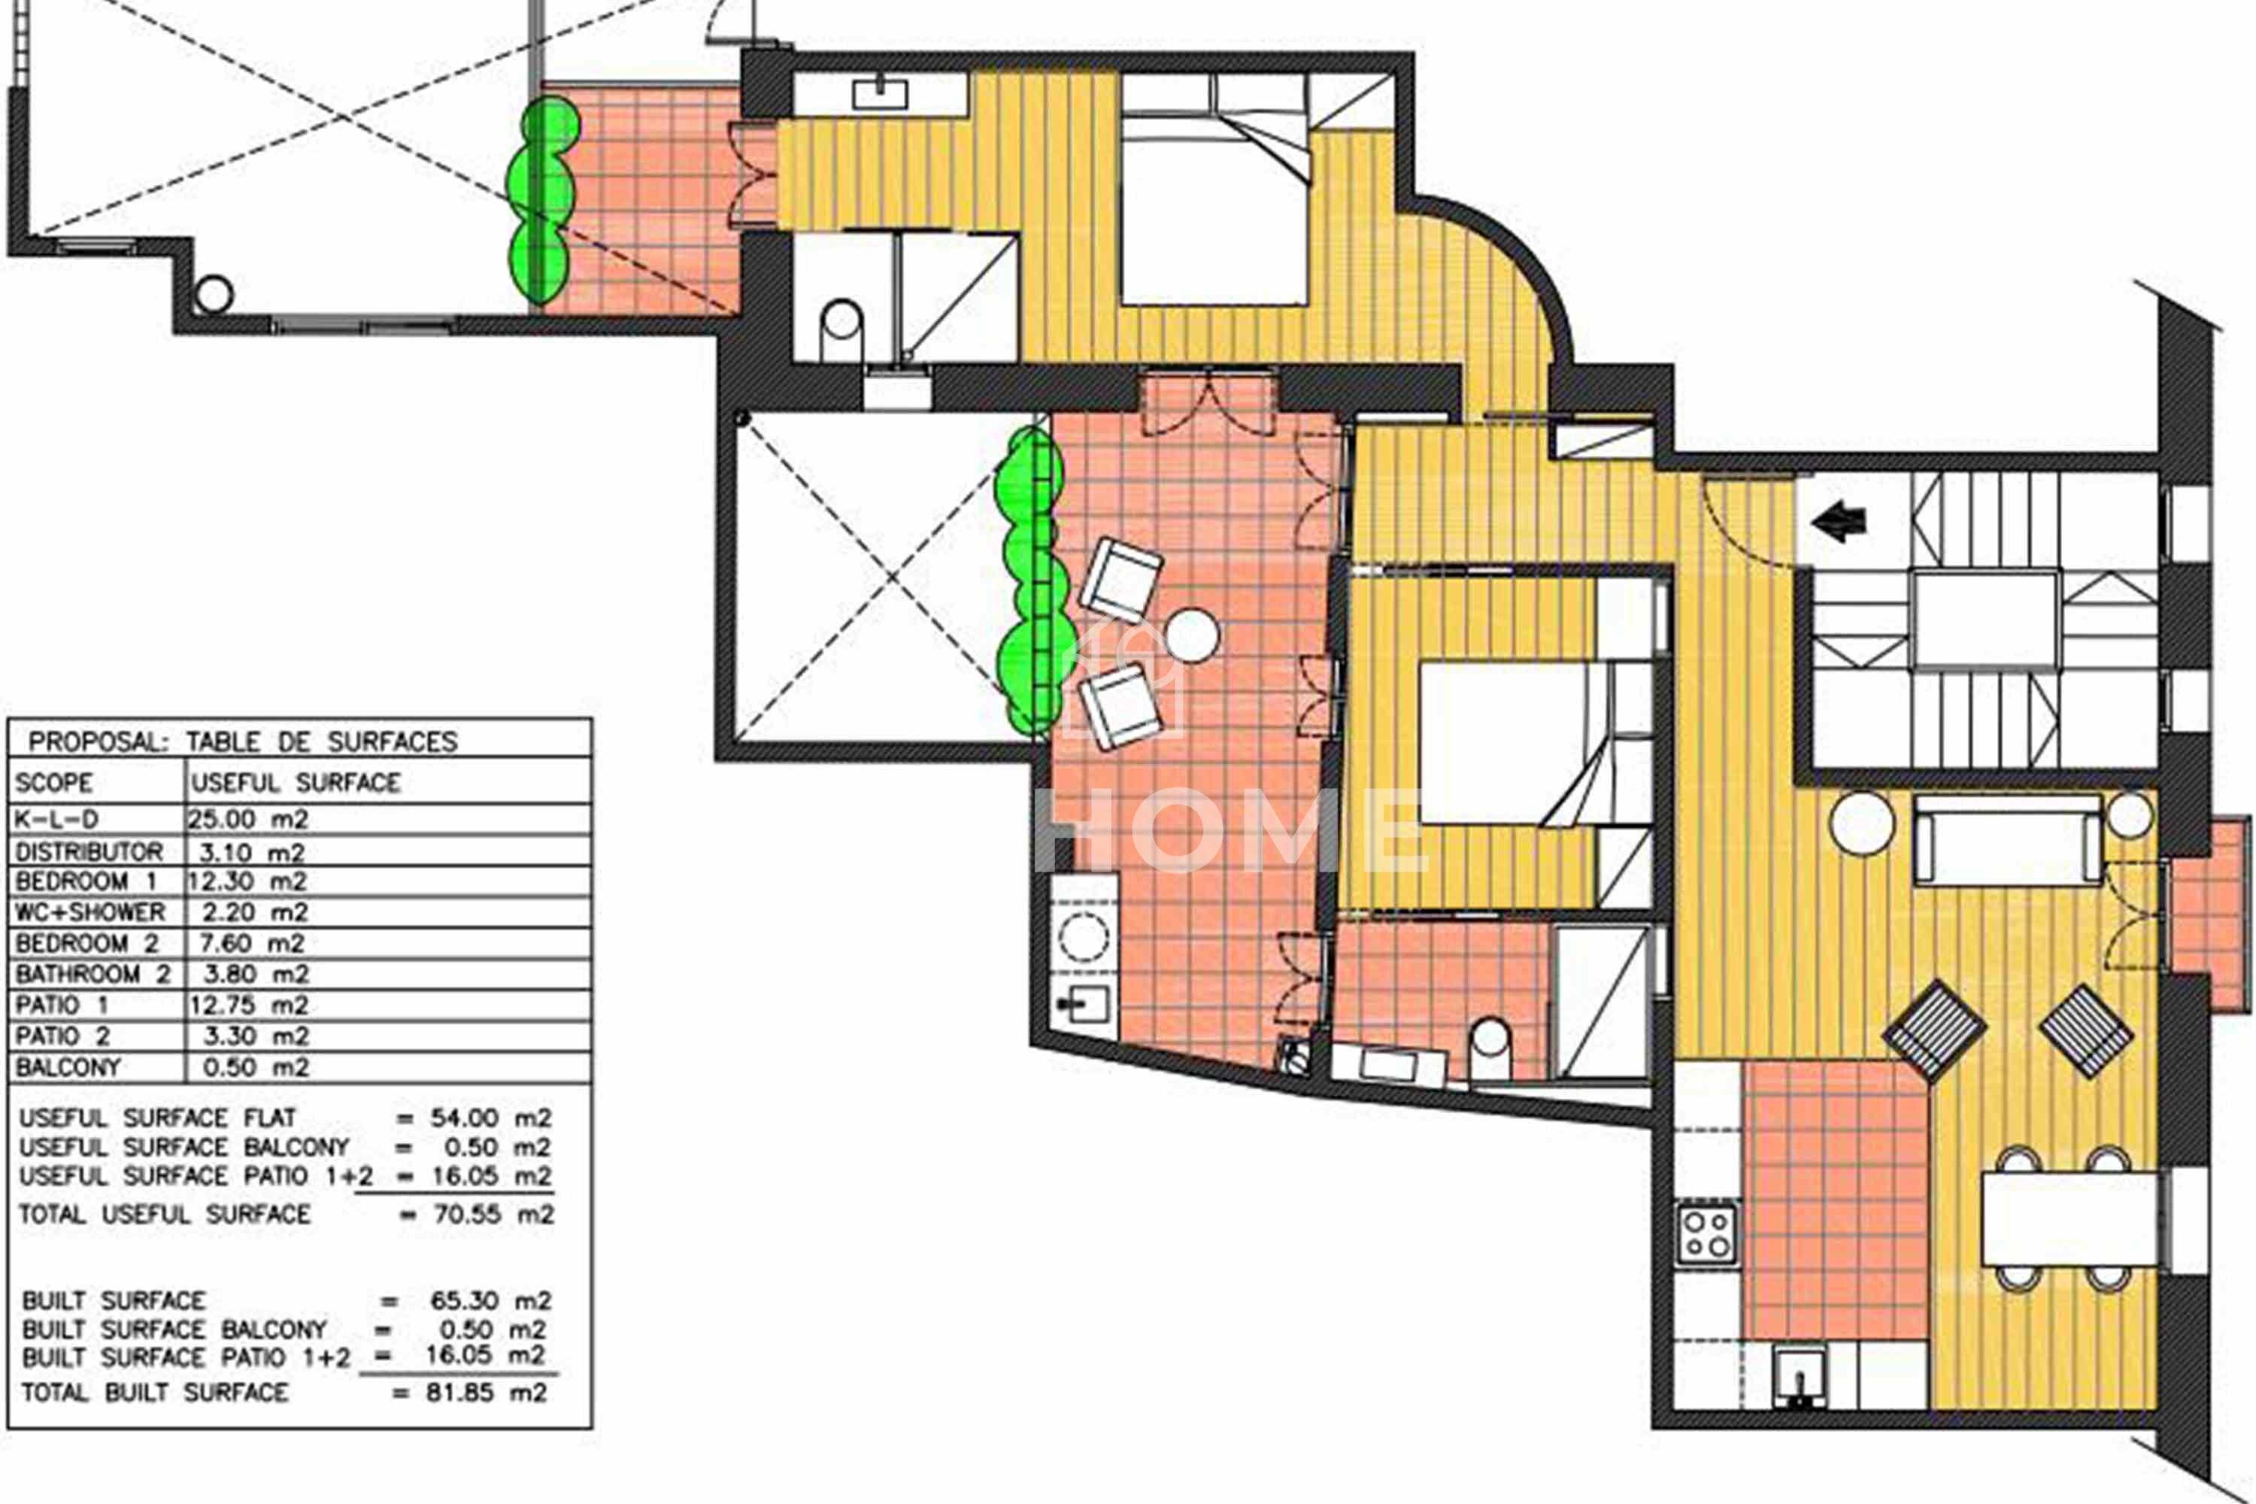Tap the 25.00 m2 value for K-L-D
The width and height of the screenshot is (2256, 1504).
pyautogui.click(x=247, y=819)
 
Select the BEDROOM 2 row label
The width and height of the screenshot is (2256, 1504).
pyautogui.click(x=86, y=943)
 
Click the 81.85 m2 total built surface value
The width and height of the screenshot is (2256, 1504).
pyautogui.click(x=487, y=1392)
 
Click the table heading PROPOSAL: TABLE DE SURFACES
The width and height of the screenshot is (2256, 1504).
pyautogui.click(x=243, y=741)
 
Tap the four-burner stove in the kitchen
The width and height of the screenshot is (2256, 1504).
pyautogui.click(x=1706, y=1233)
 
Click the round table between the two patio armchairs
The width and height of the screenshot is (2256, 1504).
pyautogui.click(x=1191, y=636)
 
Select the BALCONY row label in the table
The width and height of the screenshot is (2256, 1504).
pyautogui.click(x=68, y=1066)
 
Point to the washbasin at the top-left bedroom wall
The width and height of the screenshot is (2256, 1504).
pyautogui.click(x=880, y=94)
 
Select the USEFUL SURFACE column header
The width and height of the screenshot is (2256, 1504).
pyautogui.click(x=296, y=783)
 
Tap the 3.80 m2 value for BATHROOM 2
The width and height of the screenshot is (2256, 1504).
pyautogui.click(x=255, y=974)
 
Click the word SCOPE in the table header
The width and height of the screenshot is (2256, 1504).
pyautogui.click(x=53, y=783)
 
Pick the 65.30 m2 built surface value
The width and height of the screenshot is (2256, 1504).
pyautogui.click(x=491, y=1301)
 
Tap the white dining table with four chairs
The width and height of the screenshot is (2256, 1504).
pyautogui.click(x=2069, y=1218)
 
